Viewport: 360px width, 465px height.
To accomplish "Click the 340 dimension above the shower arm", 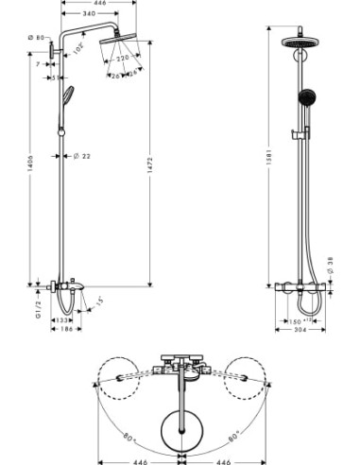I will pos(88,14).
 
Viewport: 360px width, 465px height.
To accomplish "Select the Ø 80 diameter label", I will pos(35,36).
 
